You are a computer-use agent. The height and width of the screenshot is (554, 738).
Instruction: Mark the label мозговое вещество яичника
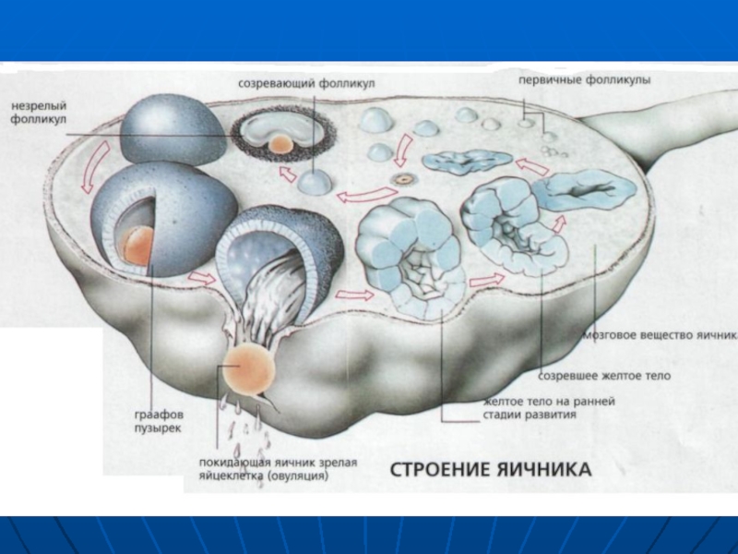tap(661, 334)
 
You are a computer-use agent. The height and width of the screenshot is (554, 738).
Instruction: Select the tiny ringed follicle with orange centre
tap(401, 177)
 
